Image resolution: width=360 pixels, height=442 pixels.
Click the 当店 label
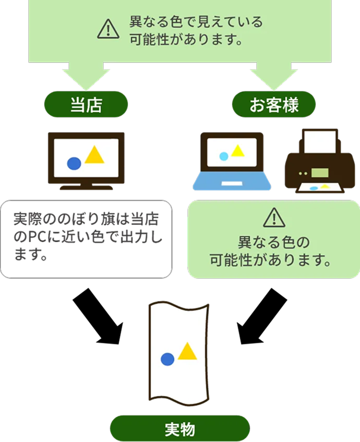86,104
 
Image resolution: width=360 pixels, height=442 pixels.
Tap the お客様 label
273,104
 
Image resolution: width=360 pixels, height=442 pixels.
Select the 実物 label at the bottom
179,429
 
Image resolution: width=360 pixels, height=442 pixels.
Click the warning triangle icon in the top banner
108,30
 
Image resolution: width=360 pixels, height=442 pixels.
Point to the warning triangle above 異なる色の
273,217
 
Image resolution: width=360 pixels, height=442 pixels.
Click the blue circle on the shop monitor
74,163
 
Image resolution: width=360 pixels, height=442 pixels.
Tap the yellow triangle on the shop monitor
94,154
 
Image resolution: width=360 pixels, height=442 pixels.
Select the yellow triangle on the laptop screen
238,151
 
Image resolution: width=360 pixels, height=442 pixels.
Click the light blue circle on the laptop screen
224,156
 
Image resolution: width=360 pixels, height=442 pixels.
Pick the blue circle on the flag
167,359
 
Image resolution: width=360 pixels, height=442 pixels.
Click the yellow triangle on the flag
187,351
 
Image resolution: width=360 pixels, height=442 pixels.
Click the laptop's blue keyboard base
232,182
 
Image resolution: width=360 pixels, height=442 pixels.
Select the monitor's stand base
86,187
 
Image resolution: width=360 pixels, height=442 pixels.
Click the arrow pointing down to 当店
86,76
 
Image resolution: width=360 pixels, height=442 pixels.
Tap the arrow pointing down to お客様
273,76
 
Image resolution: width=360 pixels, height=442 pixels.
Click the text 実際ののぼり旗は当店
86,217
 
